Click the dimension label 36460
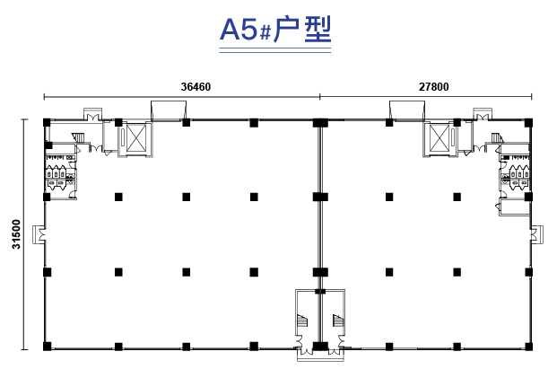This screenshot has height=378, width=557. [x=196, y=87]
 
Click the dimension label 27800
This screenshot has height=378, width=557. [x=433, y=87]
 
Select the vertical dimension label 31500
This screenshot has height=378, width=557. [x=16, y=234]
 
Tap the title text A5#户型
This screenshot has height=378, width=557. [x=275, y=30]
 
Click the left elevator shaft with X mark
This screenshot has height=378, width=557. [x=135, y=138]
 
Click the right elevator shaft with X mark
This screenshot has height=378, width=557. [x=440, y=138]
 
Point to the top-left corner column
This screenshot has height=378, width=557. [x=47, y=123]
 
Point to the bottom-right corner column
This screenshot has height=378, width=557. [x=528, y=347]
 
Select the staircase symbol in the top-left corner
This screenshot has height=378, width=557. [x=79, y=137]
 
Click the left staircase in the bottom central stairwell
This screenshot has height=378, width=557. [x=302, y=321]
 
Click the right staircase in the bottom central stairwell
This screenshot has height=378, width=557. [x=338, y=321]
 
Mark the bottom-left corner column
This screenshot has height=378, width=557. [x=47, y=347]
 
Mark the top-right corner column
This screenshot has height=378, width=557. [x=528, y=123]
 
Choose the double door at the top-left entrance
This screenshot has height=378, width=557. [x=92, y=117]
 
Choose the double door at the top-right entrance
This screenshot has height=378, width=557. [x=483, y=117]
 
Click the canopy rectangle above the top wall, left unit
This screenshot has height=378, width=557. [x=169, y=110]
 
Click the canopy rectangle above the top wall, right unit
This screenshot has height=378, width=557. [x=407, y=110]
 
